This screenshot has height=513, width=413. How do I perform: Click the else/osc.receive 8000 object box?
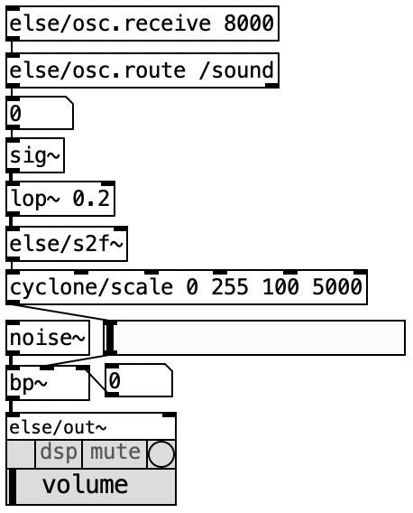(142, 23)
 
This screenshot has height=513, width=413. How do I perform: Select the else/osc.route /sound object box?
(142, 70)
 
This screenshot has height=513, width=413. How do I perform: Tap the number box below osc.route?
(40, 113)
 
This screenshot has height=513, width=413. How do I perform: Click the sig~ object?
(35, 155)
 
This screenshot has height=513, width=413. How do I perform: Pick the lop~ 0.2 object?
(60, 199)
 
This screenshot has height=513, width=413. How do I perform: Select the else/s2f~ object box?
(67, 244)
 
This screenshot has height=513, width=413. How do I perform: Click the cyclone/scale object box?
(187, 287)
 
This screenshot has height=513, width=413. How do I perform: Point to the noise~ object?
(48, 338)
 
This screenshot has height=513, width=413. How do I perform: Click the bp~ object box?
(48, 383)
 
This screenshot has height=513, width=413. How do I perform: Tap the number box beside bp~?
(139, 380)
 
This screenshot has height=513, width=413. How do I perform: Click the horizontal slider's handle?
(110, 338)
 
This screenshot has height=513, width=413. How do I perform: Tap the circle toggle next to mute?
(161, 453)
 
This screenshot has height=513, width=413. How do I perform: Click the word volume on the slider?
(85, 485)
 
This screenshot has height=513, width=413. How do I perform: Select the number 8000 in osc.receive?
(249, 23)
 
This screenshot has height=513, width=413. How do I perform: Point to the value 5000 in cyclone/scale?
(337, 287)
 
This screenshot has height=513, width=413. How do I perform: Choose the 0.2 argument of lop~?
(91, 199)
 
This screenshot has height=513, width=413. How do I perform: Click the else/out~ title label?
(58, 427)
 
